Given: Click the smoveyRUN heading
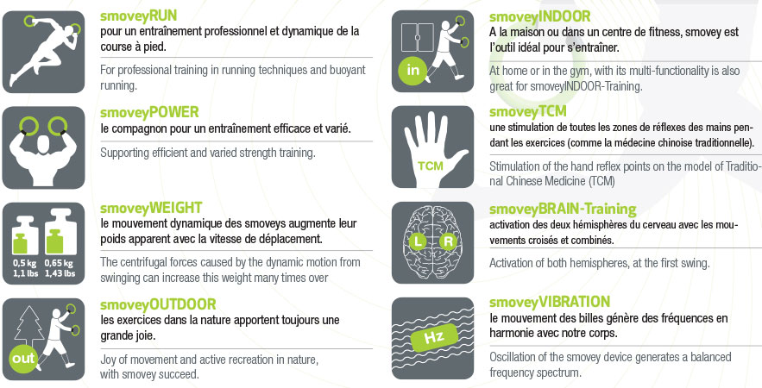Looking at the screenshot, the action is (138, 16).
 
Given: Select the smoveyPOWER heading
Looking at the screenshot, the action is (149, 113).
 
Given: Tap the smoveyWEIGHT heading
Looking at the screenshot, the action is (151, 209).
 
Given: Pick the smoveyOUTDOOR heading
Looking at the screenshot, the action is (158, 304).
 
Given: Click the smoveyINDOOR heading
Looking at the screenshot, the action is (540, 17).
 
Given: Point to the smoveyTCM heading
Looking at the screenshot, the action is (528, 112).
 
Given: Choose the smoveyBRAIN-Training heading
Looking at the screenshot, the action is (563, 210).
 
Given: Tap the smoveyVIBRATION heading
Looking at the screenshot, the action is (550, 303).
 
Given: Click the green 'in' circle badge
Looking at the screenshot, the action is (412, 71).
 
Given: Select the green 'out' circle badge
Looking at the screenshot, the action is (23, 359).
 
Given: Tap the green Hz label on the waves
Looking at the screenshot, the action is (434, 337).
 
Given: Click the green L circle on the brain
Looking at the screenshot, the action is (418, 241).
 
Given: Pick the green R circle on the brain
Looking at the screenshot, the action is (448, 241).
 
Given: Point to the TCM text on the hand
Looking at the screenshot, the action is (431, 166).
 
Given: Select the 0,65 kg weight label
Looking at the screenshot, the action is (59, 264).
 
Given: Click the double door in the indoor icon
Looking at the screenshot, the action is (418, 37).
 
